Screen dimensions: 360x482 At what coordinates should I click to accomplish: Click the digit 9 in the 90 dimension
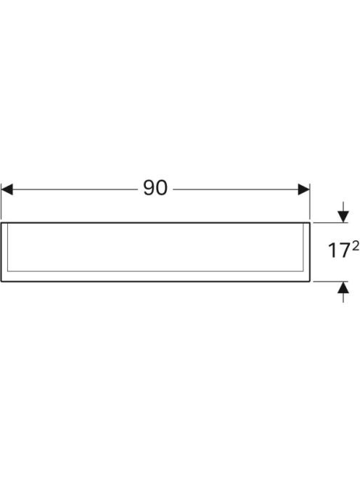(x=149, y=188)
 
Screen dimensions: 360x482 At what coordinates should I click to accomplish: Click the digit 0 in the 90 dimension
(x=162, y=188)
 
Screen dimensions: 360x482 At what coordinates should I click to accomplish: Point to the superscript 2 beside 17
(x=356, y=246)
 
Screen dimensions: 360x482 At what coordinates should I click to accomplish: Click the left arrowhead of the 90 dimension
(x=7, y=189)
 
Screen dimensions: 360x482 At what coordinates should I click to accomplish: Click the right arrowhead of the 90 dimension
(x=303, y=189)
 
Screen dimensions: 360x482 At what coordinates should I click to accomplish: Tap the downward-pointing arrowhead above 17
(x=343, y=217)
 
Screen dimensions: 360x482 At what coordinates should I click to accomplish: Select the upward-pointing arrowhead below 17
(x=343, y=287)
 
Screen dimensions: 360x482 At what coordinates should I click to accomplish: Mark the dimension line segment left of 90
(x=75, y=189)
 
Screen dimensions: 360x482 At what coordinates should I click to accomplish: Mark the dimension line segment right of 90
(x=236, y=189)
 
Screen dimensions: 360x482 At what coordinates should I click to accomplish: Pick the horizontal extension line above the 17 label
(x=330, y=223)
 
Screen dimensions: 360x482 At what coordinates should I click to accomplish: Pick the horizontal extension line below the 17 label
(x=330, y=281)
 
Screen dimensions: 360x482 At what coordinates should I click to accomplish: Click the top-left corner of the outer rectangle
(x=1, y=223)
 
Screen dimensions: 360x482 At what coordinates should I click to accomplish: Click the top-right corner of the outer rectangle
(x=310, y=223)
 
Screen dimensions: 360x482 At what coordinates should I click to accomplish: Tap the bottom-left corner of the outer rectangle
(x=1, y=281)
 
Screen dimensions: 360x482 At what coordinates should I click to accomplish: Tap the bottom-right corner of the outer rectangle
(x=310, y=281)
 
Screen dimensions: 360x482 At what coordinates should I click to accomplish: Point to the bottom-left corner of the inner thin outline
(x=7, y=271)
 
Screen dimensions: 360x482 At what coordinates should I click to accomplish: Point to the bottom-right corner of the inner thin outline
(x=303, y=271)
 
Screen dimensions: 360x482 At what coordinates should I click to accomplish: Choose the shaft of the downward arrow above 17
(x=343, y=207)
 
